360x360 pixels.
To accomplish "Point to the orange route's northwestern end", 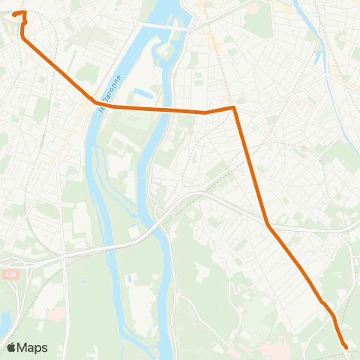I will coord(14,14).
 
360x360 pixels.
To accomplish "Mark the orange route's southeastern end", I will coord(346,347).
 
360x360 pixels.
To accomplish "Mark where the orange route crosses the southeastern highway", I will coord(268,223).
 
